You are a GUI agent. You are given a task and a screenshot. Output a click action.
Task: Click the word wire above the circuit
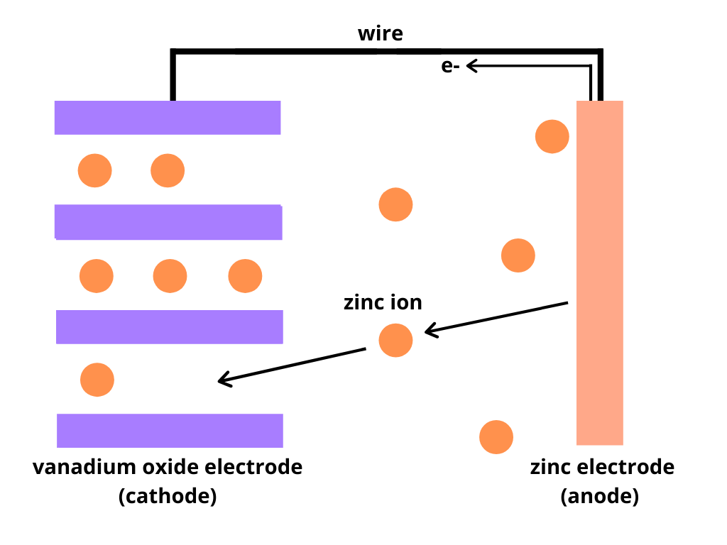click(x=381, y=33)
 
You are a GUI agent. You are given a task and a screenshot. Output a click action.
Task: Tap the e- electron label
click(x=450, y=67)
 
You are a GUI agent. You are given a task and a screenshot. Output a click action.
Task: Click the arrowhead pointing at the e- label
click(x=471, y=66)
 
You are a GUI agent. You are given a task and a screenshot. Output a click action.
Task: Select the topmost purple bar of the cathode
click(x=168, y=118)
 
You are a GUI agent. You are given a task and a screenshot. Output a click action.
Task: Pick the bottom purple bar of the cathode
click(x=170, y=431)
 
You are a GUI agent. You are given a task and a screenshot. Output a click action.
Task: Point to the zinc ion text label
click(x=383, y=302)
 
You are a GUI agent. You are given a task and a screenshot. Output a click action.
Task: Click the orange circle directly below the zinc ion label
click(x=395, y=341)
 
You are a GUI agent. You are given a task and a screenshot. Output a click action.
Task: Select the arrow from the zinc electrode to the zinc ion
click(x=497, y=317)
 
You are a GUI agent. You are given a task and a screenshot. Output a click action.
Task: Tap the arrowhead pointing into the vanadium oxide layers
click(x=223, y=381)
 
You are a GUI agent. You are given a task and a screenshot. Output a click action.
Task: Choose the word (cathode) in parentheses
click(x=168, y=496)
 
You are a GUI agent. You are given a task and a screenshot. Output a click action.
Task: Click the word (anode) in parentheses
click(x=600, y=496)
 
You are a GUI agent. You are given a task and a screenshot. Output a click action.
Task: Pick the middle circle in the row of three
click(x=170, y=276)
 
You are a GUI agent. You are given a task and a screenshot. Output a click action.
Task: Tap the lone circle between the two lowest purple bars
click(x=97, y=380)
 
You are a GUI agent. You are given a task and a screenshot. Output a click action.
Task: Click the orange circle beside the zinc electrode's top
click(x=552, y=136)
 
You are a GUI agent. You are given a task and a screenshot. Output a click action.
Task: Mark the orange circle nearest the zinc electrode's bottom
click(x=496, y=437)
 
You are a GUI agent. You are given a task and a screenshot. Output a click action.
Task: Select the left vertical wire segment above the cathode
click(x=172, y=77)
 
